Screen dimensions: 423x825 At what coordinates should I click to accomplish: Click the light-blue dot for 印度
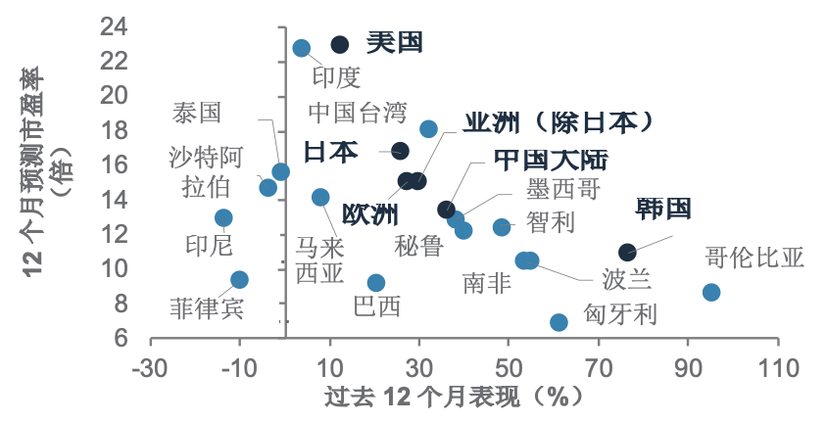(x=302, y=48)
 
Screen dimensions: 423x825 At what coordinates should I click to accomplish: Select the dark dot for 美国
(x=340, y=44)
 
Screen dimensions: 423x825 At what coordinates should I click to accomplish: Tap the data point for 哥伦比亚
(x=711, y=292)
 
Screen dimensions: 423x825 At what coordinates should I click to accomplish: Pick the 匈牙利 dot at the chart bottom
(x=558, y=322)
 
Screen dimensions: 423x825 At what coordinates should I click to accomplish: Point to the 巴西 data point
(x=375, y=283)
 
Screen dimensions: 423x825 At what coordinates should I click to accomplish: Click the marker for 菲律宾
(x=239, y=280)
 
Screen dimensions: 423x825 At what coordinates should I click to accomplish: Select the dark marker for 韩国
(x=627, y=253)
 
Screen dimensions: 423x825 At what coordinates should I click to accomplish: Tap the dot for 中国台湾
(x=428, y=129)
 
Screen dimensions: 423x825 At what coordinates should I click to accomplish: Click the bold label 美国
(x=394, y=42)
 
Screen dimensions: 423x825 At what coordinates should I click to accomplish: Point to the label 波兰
(x=626, y=281)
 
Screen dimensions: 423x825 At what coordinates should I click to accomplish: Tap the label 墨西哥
(x=562, y=188)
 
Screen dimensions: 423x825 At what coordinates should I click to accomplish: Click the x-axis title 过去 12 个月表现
(x=453, y=397)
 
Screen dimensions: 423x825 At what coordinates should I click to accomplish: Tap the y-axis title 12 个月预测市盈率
(x=33, y=179)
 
